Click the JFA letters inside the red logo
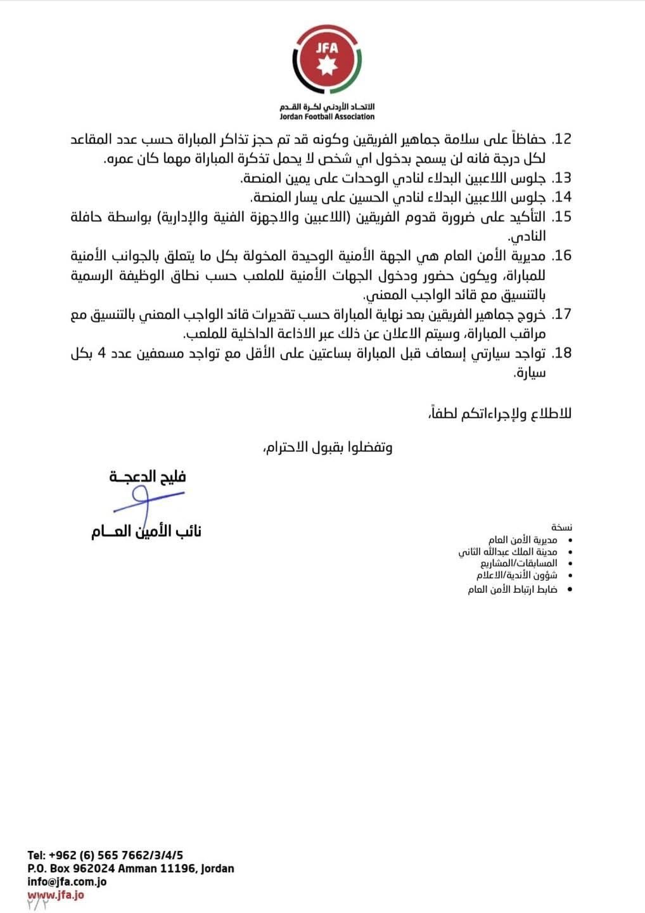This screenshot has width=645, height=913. (327, 48)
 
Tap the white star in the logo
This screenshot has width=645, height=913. (327, 66)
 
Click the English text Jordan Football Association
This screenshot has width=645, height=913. (327, 117)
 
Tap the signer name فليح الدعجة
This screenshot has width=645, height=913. (148, 477)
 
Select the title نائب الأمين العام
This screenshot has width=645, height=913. (146, 531)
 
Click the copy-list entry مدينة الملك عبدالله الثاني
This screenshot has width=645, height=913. (508, 552)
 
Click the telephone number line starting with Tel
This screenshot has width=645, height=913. (105, 855)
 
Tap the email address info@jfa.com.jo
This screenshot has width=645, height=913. (67, 882)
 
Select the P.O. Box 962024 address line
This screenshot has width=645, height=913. (131, 869)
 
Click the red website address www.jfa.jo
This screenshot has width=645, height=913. (56, 895)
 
